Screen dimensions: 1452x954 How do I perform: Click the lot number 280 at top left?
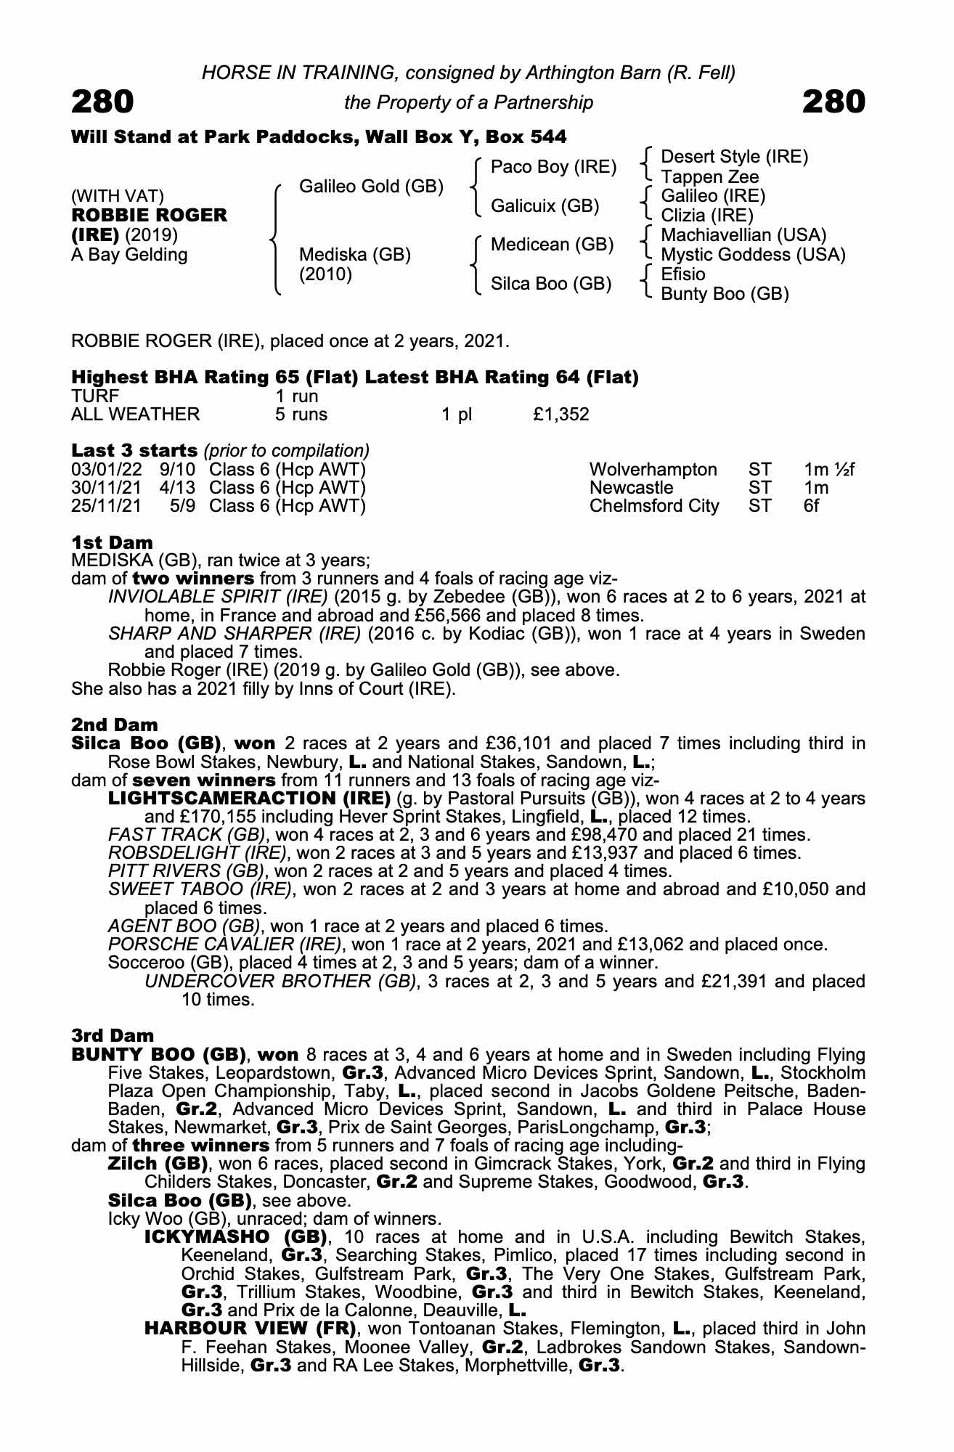(x=102, y=102)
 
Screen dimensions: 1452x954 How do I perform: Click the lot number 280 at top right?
(x=833, y=102)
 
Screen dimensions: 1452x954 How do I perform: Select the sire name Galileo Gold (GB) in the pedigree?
(x=371, y=187)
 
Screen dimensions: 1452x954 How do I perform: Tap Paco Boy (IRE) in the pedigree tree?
(x=553, y=167)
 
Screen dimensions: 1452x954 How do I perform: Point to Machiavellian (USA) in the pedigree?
(x=743, y=235)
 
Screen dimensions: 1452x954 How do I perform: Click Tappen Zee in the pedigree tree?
(x=709, y=177)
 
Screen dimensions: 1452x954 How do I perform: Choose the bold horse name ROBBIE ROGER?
(x=149, y=216)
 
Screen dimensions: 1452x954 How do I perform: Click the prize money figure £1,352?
(x=560, y=415)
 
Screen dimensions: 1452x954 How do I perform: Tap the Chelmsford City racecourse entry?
(x=653, y=506)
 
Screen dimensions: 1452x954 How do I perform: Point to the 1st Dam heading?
(x=112, y=542)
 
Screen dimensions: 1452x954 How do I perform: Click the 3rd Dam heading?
(x=113, y=1035)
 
